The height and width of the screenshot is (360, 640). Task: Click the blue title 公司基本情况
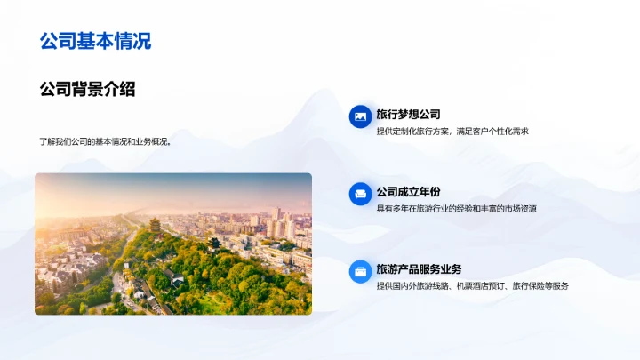pyautogui.click(x=95, y=41)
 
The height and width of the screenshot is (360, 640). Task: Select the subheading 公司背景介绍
pyautogui.click(x=87, y=89)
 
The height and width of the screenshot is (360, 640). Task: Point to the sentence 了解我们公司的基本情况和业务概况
pyautogui.click(x=105, y=140)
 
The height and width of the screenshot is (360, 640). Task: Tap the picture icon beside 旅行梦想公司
pyautogui.click(x=360, y=116)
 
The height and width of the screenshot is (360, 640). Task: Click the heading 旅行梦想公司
pyautogui.click(x=408, y=115)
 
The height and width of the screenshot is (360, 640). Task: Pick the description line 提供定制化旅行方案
pyautogui.click(x=415, y=131)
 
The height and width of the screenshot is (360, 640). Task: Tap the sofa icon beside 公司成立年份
pyautogui.click(x=360, y=193)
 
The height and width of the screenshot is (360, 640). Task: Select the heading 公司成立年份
pyautogui.click(x=408, y=192)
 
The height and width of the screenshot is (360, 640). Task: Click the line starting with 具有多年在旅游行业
pyautogui.click(x=456, y=209)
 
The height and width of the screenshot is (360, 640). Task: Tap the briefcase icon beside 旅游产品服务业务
pyautogui.click(x=360, y=270)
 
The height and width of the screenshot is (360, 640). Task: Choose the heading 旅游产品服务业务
pyautogui.click(x=419, y=269)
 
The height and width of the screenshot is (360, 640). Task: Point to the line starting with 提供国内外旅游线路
pyautogui.click(x=472, y=286)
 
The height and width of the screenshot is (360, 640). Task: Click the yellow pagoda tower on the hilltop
pyautogui.click(x=154, y=226)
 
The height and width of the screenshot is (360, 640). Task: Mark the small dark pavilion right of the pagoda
pyautogui.click(x=213, y=242)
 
